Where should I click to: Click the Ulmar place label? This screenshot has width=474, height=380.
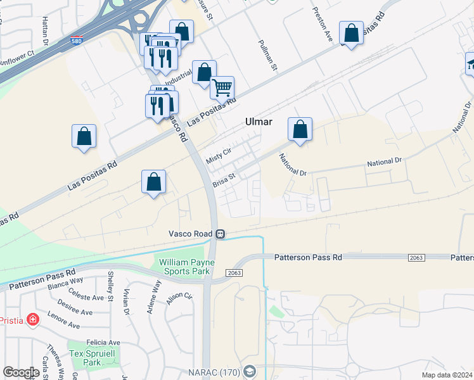259,121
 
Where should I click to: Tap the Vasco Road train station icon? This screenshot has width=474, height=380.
220,234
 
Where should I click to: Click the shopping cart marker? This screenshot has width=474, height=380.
222,87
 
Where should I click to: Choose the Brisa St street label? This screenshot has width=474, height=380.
224,180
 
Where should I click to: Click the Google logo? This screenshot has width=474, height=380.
21,372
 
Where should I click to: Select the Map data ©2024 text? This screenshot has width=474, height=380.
447,374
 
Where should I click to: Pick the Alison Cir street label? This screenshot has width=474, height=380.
179,298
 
